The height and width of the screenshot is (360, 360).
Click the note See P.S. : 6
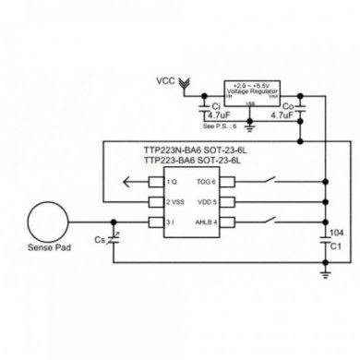pyautogui.click(x=218, y=124)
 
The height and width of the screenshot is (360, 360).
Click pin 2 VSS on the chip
pyautogui.click(x=178, y=201)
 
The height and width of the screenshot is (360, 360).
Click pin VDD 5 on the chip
pyautogui.click(x=207, y=201)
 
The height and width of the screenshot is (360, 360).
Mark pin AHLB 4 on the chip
pyautogui.click(x=204, y=222)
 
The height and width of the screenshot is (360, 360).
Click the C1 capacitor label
pyautogui.click(x=335, y=247)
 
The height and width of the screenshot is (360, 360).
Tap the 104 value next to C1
pyautogui.click(x=336, y=234)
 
